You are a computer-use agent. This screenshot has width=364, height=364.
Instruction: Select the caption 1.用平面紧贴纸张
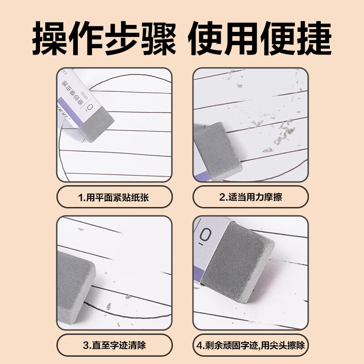114,198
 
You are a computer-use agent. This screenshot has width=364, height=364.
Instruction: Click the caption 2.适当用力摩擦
250,198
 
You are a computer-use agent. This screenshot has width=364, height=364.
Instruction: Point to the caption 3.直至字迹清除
114,345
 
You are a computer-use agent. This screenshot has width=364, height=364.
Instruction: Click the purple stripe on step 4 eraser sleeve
200,268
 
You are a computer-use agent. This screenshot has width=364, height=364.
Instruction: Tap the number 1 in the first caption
80,198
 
